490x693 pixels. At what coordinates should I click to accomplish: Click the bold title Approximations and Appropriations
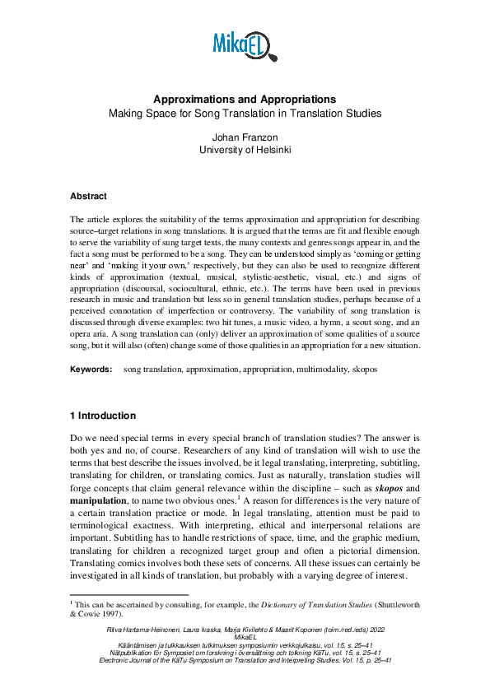coord(245,99)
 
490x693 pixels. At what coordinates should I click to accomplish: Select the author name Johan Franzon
coord(245,137)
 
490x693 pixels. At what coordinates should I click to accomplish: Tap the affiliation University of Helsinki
coord(245,151)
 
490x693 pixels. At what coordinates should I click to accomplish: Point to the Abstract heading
coord(88,197)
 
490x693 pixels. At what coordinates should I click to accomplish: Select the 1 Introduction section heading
coord(103,416)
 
